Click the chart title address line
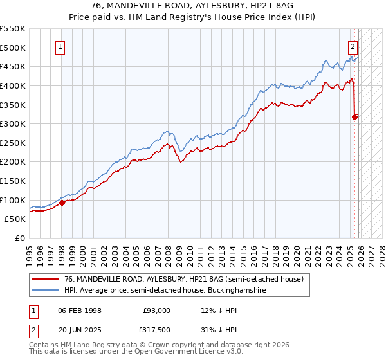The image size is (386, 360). (192, 6)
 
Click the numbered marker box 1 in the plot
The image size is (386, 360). (60, 46)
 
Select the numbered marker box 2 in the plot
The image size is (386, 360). (353, 46)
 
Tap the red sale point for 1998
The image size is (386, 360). (62, 203)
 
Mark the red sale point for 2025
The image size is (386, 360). (354, 117)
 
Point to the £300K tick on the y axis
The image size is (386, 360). (13, 123)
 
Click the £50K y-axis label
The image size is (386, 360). (15, 219)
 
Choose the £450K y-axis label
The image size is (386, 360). (13, 66)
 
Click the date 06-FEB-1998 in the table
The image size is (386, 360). (79, 310)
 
